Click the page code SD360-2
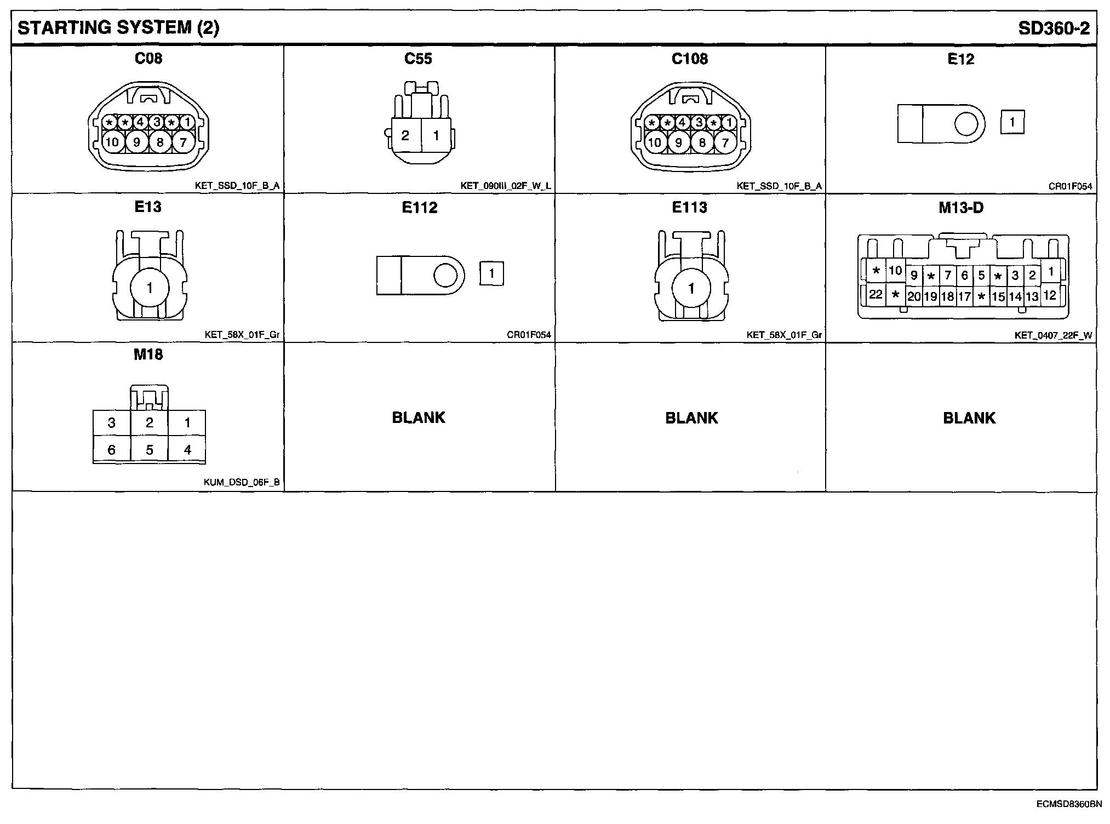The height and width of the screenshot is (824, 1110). tap(1054, 28)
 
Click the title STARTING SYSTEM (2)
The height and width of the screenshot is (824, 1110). tap(118, 28)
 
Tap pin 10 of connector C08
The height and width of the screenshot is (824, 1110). tap(112, 142)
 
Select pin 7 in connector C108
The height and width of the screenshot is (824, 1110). tap(725, 143)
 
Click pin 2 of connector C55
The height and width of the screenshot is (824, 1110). tap(405, 135)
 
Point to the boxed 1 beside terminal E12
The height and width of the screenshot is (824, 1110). tap(1012, 122)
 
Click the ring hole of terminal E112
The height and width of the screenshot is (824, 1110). tap(445, 275)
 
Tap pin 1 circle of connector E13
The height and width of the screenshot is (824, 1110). tap(150, 288)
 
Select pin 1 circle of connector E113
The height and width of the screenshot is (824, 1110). tap(691, 288)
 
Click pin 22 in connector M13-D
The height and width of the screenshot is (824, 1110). tap(876, 295)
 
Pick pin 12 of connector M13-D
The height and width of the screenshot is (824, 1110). tap(1049, 296)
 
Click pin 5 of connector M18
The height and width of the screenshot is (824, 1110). tap(149, 450)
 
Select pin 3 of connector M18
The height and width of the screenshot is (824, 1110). tap(112, 423)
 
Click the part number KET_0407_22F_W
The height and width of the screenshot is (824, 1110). tap(1052, 335)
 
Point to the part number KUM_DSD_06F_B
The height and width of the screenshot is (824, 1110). tap(241, 483)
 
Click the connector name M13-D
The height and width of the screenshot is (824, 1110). tap(960, 208)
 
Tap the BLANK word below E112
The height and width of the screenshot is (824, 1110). tap(419, 417)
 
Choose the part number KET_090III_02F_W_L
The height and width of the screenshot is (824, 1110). tap(505, 186)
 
